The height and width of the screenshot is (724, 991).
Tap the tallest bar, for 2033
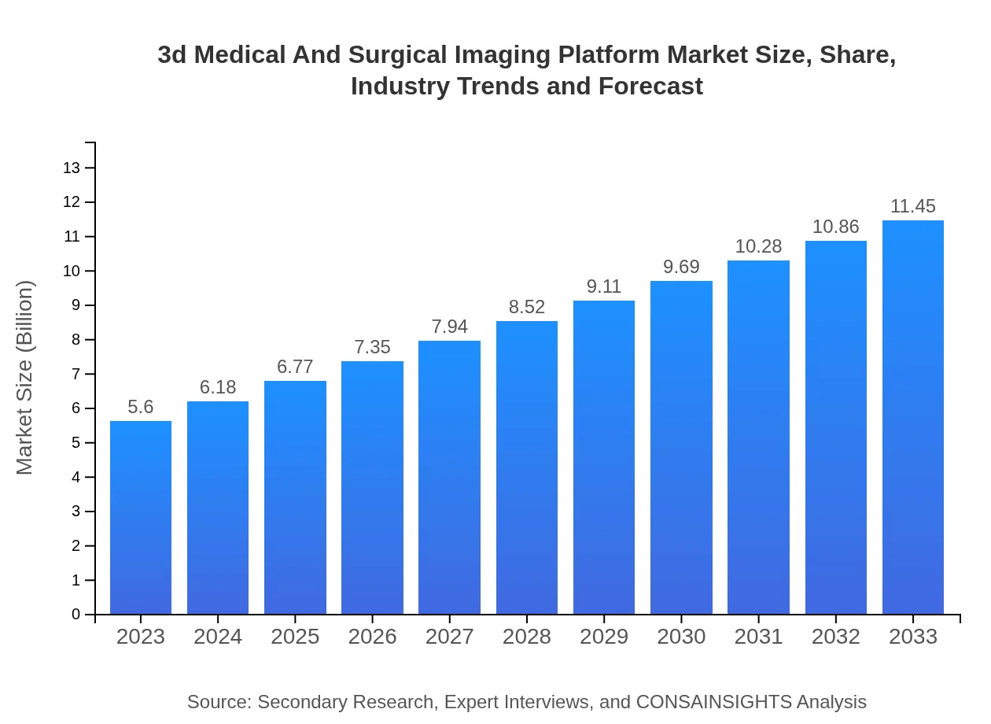[x=913, y=417]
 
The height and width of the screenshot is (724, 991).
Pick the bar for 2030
[x=681, y=448]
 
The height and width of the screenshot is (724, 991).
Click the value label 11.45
[x=913, y=206]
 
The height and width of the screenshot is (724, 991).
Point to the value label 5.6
[x=141, y=407]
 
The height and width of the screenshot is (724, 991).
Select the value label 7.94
[x=450, y=327]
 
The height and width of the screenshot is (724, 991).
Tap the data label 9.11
[x=604, y=286]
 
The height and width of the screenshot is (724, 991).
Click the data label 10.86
[x=836, y=227]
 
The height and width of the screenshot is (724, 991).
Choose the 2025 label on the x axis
[x=295, y=637]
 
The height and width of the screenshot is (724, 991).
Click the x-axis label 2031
[x=759, y=637]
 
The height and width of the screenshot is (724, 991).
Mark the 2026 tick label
[x=373, y=637]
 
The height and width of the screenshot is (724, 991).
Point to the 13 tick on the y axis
[x=72, y=168]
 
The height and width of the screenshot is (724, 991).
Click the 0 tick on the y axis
[x=76, y=615]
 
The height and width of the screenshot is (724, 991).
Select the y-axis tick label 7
[x=76, y=374]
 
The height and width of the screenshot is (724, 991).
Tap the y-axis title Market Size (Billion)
[x=25, y=378]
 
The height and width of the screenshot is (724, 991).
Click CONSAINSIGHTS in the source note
[x=713, y=702]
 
